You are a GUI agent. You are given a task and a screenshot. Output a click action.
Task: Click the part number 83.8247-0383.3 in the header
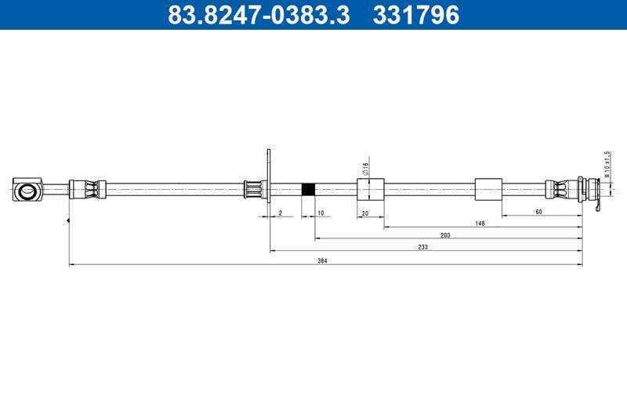pos(259,14)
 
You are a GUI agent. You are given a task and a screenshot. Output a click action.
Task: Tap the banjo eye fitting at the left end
pos(28,189)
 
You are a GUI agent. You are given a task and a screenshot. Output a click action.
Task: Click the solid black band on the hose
pos(309,189)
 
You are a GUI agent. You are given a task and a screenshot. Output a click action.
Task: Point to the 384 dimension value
pos(322,260)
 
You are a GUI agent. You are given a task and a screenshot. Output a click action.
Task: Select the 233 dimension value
pos(422,246)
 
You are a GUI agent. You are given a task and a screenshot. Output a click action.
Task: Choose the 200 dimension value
pos(445,235)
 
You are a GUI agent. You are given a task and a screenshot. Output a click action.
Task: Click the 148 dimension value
pos(480,224)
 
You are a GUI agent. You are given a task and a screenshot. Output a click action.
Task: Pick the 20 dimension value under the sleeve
pos(365,213)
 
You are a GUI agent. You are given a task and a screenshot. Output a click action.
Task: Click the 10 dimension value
pos(320,213)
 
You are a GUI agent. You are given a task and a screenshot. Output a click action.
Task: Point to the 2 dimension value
pos(280,213)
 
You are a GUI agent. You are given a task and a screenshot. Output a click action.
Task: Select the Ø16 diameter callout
pos(365,167)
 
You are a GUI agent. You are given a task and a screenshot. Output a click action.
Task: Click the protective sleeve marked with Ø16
pos(370,189)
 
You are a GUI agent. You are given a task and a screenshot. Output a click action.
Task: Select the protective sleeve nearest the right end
pos(487,189)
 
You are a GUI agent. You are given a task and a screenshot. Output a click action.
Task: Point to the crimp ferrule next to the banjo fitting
pos(86,189)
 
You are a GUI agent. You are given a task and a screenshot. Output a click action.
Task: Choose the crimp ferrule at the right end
pos(560,189)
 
